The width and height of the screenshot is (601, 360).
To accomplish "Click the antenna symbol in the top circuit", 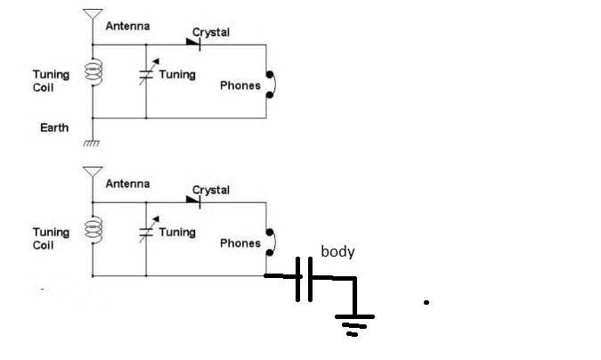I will (93, 15).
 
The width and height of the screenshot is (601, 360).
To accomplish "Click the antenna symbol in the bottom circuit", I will (93, 173).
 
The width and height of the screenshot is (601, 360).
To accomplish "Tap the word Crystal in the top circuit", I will (211, 32).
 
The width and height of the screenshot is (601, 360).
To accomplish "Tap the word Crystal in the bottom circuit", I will (211, 190).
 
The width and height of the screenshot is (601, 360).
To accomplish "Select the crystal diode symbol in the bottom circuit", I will (193, 198).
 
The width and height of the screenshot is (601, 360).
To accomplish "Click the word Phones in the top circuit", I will (240, 86).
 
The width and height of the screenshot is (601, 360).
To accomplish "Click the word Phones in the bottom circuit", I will (240, 243).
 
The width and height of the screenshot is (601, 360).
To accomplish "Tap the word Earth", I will (54, 128).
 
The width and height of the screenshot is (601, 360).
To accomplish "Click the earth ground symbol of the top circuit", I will (93, 143).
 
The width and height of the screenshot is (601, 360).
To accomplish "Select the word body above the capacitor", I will (337, 252).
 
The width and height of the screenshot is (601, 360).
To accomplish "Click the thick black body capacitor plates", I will (304, 278).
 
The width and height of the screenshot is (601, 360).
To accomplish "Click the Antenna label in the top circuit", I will (127, 27).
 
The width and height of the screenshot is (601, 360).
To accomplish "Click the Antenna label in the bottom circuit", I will (127, 184).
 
